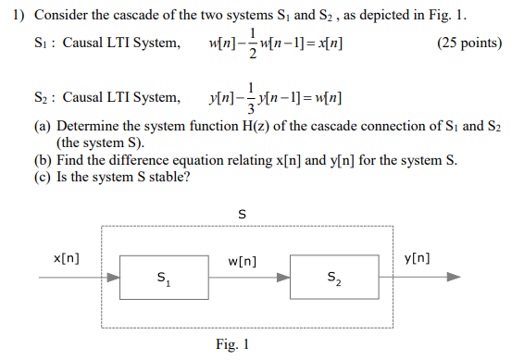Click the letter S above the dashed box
242,214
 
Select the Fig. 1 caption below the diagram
233,345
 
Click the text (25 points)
469,43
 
